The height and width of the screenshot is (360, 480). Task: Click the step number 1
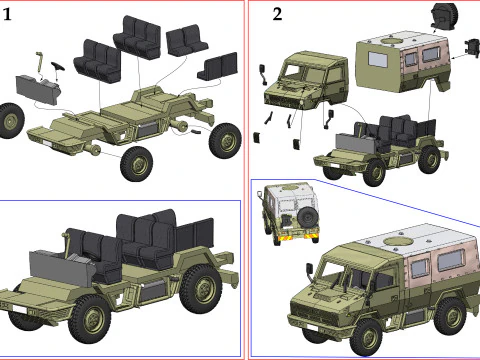[x=7, y=15]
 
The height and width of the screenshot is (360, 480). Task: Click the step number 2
[x=277, y=15]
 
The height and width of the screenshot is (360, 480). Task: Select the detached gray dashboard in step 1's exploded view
[x=38, y=90]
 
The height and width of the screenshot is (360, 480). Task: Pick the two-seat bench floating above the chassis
[x=186, y=40]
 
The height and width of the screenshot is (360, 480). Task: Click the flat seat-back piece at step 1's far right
[x=218, y=66]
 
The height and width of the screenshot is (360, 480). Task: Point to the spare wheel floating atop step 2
[x=444, y=15]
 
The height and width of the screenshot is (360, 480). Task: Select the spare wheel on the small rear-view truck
[x=308, y=217]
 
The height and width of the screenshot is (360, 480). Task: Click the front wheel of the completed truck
[x=366, y=337]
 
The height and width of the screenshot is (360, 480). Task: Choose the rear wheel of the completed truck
[x=449, y=316]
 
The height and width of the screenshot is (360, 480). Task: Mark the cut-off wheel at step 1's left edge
[x=11, y=120]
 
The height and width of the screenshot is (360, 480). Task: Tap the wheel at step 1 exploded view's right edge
[x=225, y=141]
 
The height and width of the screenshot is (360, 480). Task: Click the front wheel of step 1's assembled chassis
[x=89, y=320]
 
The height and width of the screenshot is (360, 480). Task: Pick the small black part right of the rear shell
[x=473, y=48]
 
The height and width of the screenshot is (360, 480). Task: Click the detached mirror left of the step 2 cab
[x=263, y=74]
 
